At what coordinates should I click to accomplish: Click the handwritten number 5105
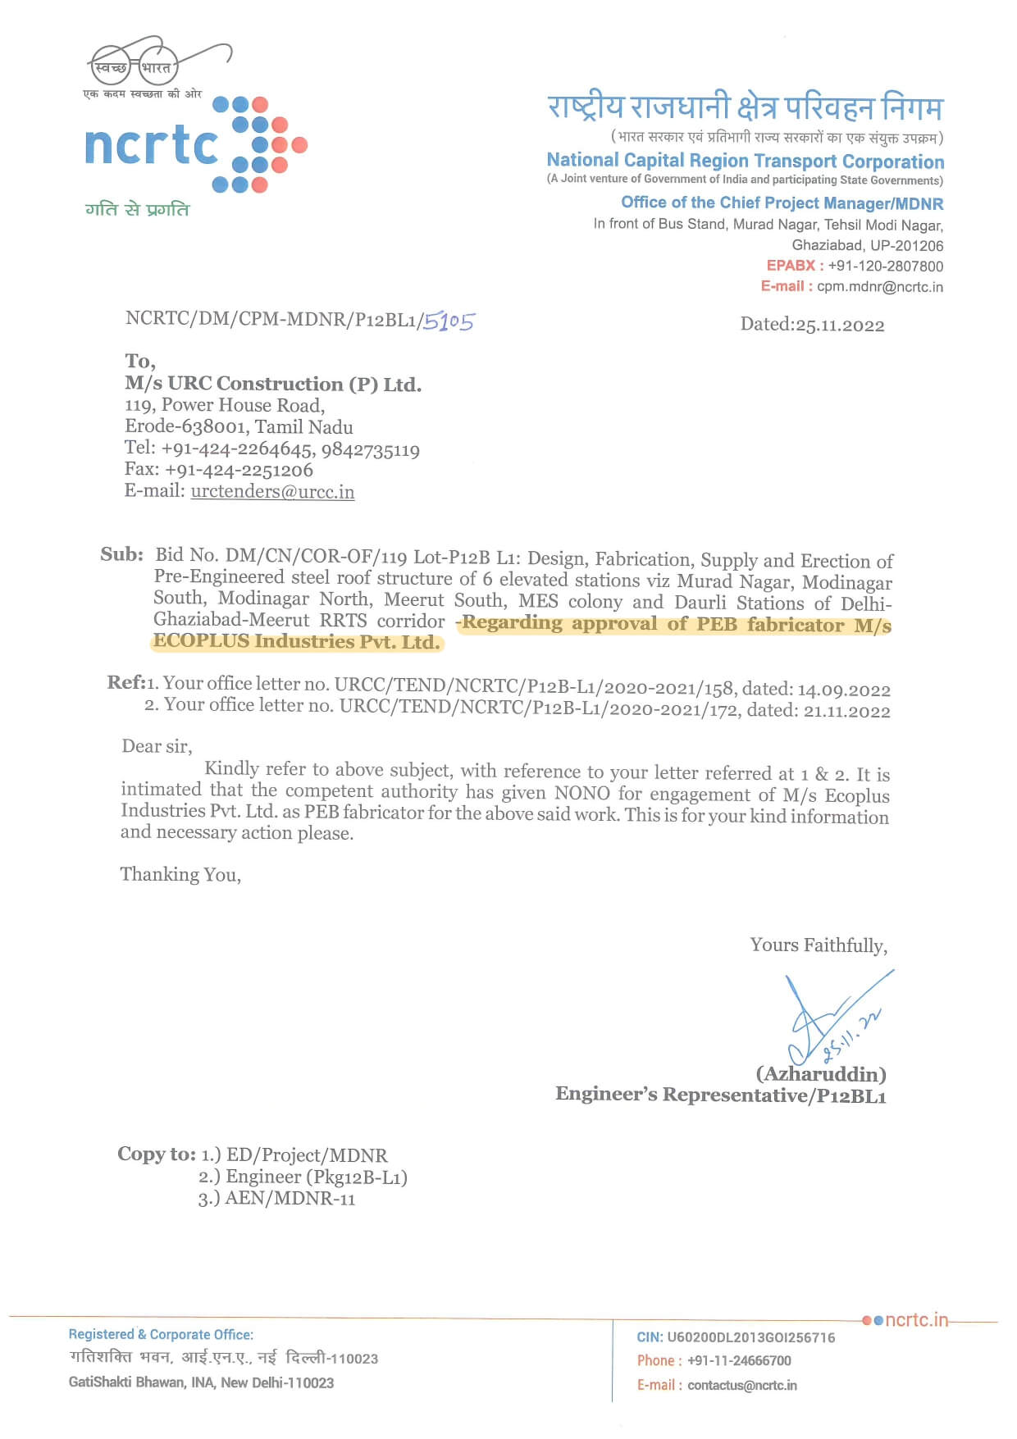449,321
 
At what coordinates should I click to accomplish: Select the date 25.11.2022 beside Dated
840,326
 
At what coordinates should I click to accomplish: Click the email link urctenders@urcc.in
272,492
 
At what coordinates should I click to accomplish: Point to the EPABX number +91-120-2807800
885,266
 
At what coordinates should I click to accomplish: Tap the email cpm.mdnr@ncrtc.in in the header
879,287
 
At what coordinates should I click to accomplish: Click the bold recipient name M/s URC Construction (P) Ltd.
273,384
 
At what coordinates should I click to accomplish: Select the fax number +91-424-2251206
239,470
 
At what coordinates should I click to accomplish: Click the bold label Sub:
121,555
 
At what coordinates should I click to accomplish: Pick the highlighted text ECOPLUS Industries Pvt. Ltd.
296,641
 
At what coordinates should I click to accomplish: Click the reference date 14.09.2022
844,690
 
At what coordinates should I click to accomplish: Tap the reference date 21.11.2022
846,711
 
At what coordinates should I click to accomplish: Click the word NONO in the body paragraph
581,793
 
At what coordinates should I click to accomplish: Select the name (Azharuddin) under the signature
820,1074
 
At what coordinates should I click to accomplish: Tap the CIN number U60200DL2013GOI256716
750,1337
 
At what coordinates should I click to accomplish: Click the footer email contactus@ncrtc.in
741,1385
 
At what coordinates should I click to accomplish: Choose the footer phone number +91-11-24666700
739,1361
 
